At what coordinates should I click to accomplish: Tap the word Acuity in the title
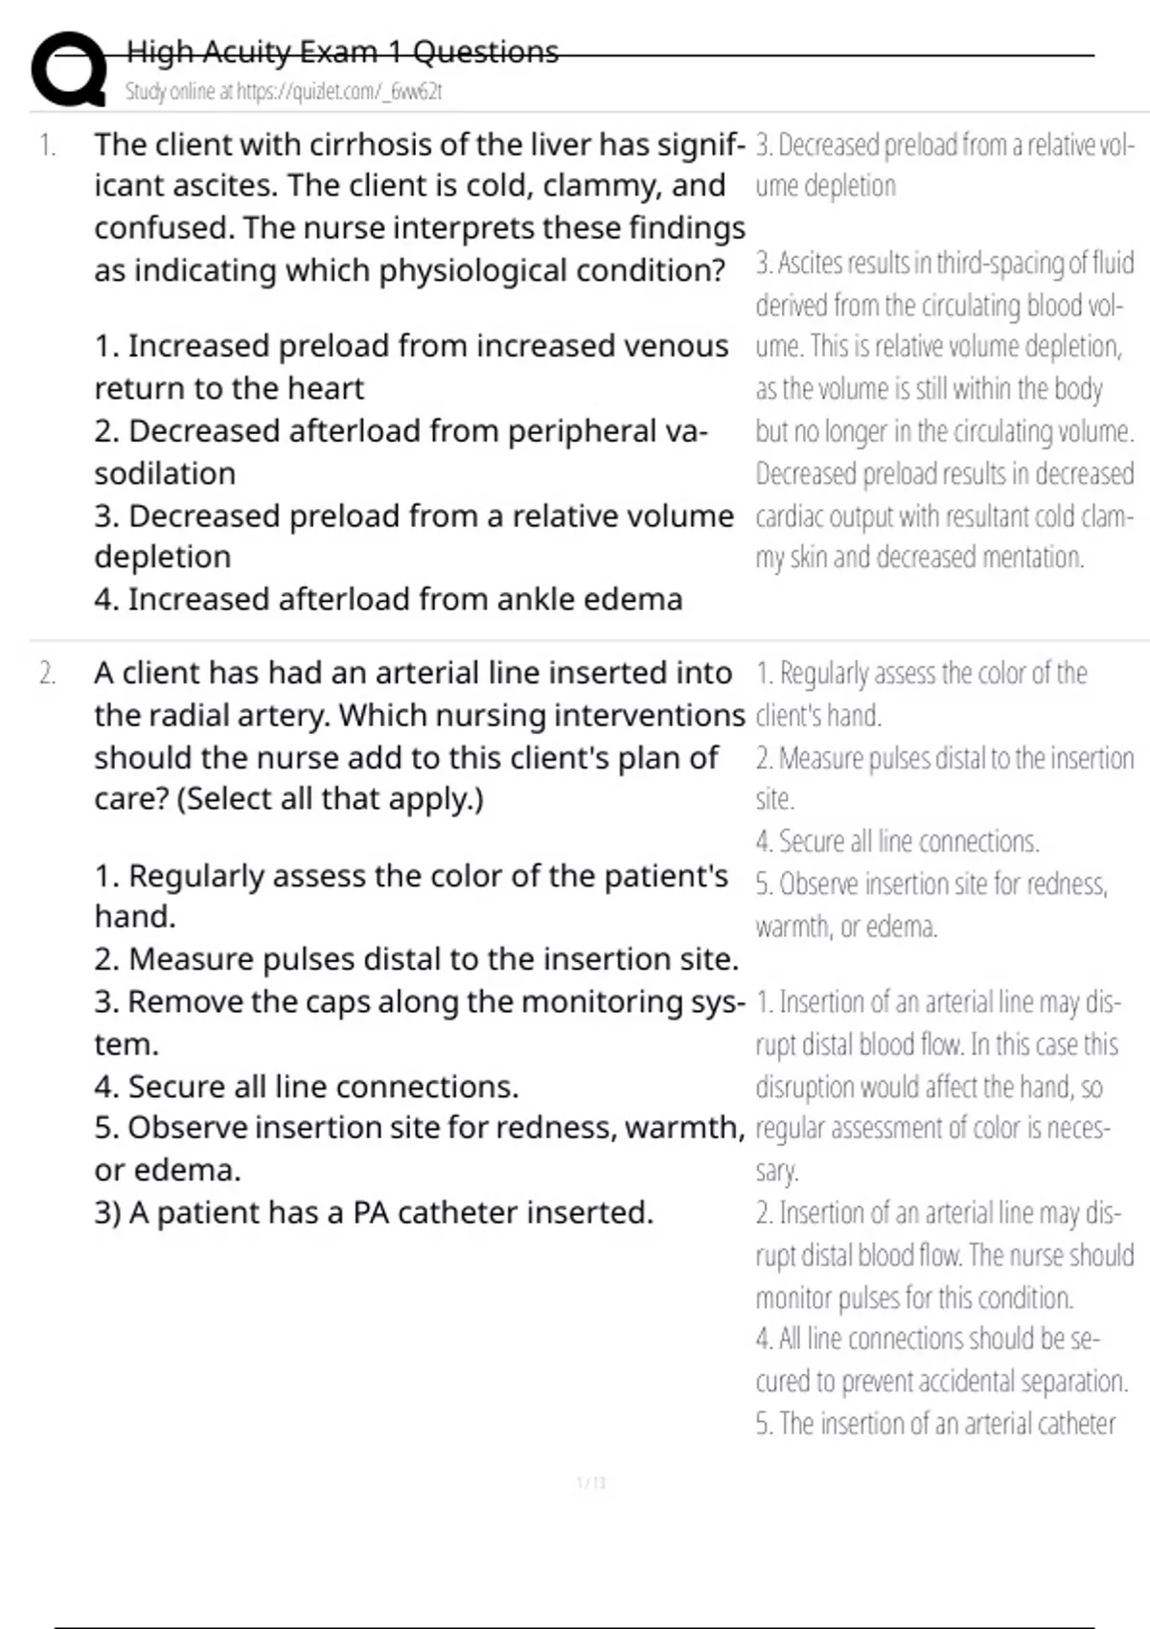point(249,52)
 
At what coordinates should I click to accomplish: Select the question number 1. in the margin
point(47,146)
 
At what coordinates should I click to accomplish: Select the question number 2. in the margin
point(47,674)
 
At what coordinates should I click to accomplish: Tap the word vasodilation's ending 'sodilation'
point(165,473)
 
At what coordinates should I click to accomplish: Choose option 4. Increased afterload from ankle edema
point(388,599)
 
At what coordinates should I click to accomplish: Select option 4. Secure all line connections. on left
point(307,1087)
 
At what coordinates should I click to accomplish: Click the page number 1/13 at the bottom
point(591,1483)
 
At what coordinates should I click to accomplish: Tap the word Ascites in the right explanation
point(815,263)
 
